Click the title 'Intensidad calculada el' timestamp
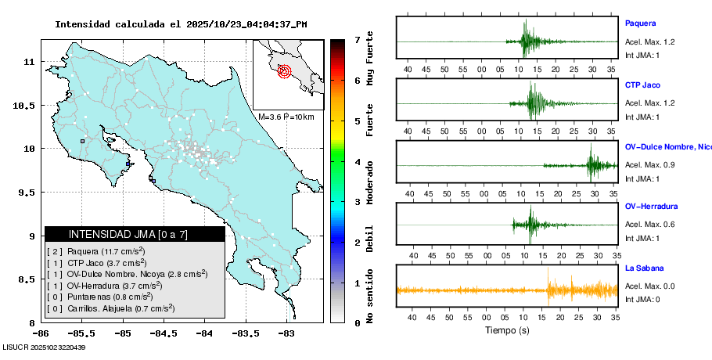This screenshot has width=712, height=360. (180, 24)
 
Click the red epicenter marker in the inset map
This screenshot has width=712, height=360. (284, 70)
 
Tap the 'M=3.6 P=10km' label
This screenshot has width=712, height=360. (286, 117)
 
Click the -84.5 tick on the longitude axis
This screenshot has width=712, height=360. (163, 332)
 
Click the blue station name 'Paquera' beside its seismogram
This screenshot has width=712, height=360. (640, 23)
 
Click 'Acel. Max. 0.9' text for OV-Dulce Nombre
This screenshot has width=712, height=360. (649, 165)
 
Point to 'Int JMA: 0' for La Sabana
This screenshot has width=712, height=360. (642, 299)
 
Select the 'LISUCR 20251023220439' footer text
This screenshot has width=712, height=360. (44, 347)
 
